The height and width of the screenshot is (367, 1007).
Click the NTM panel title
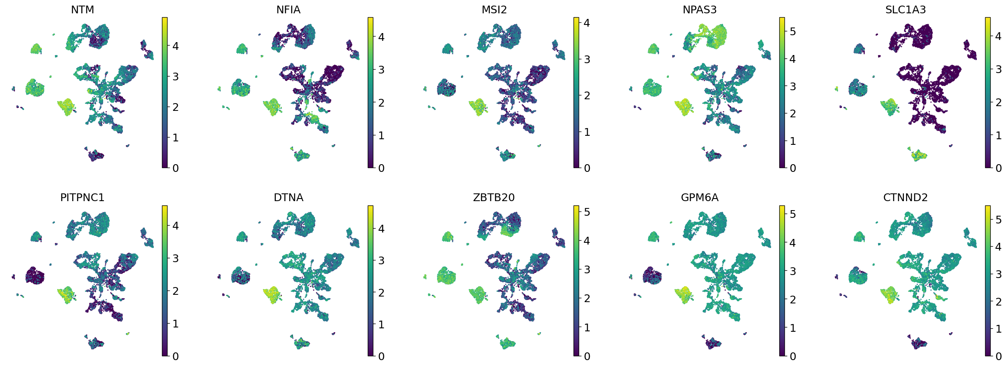[x=82, y=9]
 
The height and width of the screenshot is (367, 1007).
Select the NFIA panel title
[x=288, y=9]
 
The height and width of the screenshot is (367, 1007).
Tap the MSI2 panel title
[x=494, y=9]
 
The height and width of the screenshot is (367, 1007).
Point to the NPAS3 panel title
[x=699, y=9]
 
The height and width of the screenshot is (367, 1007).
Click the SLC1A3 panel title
[x=905, y=9]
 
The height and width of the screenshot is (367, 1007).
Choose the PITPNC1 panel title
[x=82, y=197]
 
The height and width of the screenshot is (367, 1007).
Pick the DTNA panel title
[x=288, y=197]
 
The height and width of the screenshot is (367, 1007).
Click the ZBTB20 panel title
[x=494, y=197]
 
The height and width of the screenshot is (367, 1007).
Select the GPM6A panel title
[x=699, y=197]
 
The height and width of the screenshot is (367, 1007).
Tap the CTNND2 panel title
[x=905, y=197]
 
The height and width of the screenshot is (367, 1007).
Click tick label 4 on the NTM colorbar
[x=175, y=46]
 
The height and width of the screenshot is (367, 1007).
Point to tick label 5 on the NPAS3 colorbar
[x=793, y=31]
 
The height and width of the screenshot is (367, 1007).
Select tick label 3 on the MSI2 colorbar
[x=587, y=59]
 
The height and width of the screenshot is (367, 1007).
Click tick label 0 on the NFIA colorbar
[x=381, y=168]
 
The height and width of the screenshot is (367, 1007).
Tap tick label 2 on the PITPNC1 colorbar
[x=175, y=291]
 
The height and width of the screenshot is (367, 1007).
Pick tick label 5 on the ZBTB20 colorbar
[x=587, y=212]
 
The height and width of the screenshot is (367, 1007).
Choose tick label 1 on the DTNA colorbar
[x=381, y=324]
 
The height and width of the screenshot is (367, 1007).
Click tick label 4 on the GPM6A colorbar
[x=793, y=243]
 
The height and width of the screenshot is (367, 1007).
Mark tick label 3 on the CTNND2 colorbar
[x=998, y=274]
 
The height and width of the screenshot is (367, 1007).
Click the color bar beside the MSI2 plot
[x=576, y=92]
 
